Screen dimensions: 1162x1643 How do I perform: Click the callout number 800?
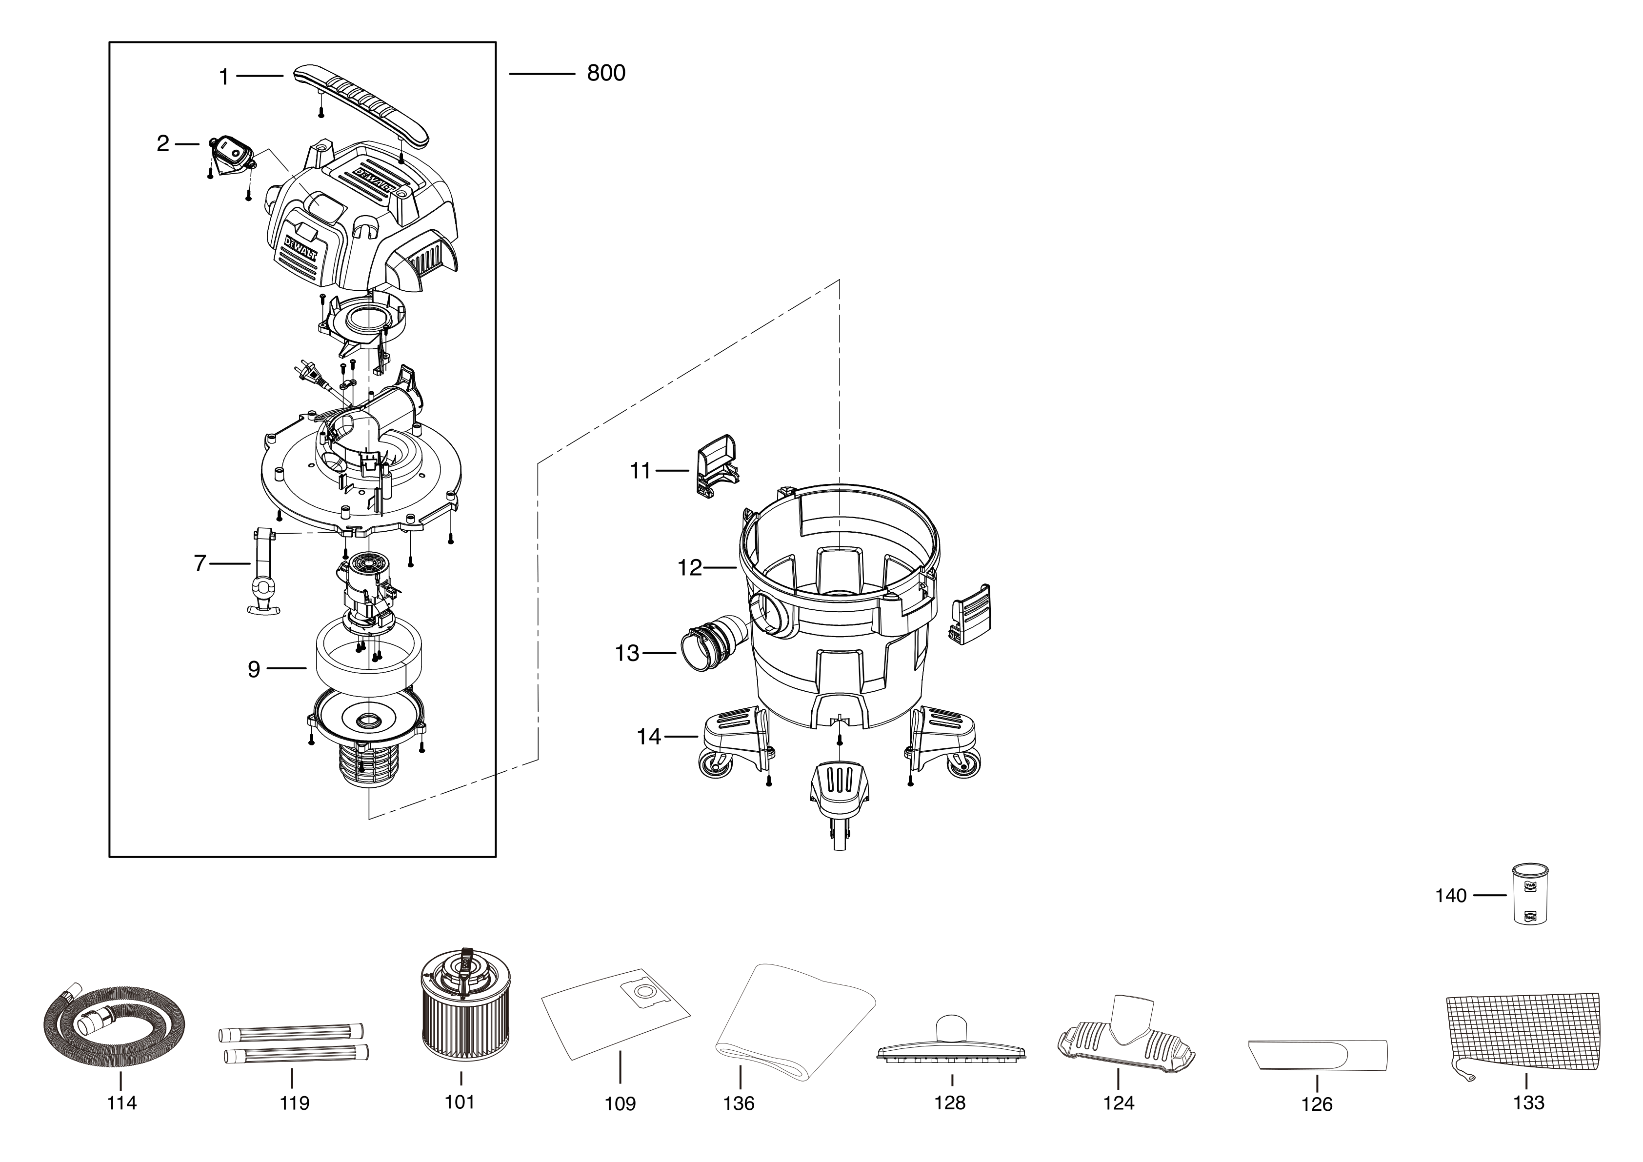point(605,73)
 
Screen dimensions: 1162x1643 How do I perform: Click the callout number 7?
point(200,564)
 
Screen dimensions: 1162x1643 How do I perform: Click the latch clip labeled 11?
point(716,464)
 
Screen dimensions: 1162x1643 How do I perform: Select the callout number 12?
point(690,568)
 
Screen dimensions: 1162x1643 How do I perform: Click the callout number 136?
point(739,1103)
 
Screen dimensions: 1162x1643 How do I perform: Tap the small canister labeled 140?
point(1530,894)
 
